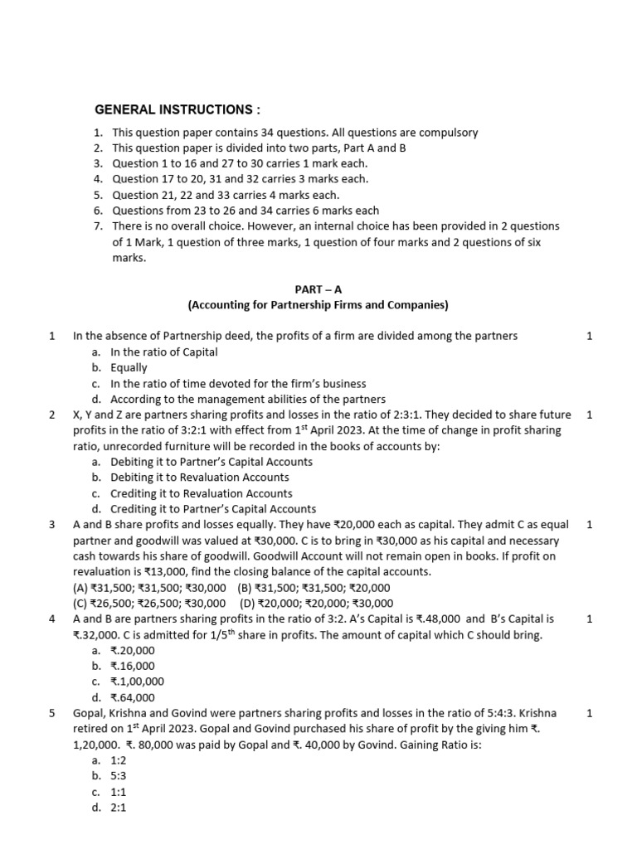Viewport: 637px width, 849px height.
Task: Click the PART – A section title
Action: (318, 289)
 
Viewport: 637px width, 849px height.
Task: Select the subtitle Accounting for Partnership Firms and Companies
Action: (318, 305)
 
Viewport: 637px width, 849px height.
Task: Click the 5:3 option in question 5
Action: (120, 776)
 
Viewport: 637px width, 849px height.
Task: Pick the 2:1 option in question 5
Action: (120, 808)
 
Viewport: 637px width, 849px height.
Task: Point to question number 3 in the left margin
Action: (51, 525)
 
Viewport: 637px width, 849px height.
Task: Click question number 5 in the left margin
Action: (51, 713)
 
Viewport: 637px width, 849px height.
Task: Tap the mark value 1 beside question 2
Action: (589, 415)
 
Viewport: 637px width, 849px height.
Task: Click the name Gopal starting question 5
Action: (90, 713)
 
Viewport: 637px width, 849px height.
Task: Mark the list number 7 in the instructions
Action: (97, 226)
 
